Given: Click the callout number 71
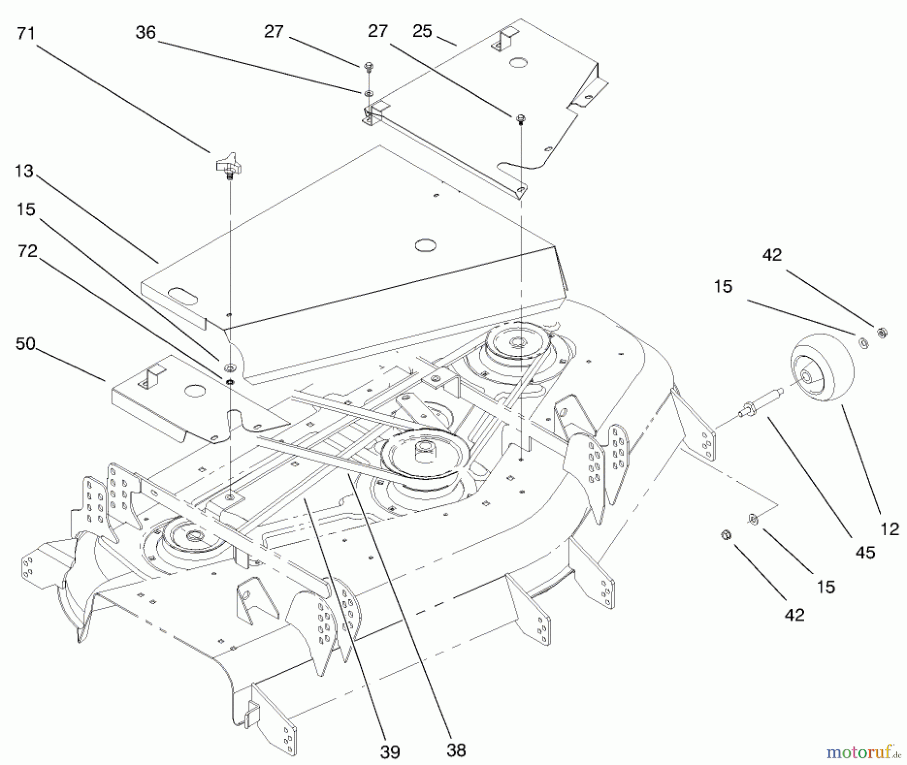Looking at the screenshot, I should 26,34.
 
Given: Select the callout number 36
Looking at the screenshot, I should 146,33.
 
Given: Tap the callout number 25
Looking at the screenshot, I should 422,31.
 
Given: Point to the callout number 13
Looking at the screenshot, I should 24,171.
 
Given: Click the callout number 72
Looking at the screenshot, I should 27,250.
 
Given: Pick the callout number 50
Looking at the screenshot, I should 26,344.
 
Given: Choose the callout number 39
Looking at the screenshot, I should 390,752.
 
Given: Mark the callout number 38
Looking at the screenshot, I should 456,750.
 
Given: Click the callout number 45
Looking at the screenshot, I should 865,553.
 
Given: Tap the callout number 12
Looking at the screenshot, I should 889,529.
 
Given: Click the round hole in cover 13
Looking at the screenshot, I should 425,245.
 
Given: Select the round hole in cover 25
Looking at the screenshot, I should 517,62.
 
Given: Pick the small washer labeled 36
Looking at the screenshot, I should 369,93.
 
